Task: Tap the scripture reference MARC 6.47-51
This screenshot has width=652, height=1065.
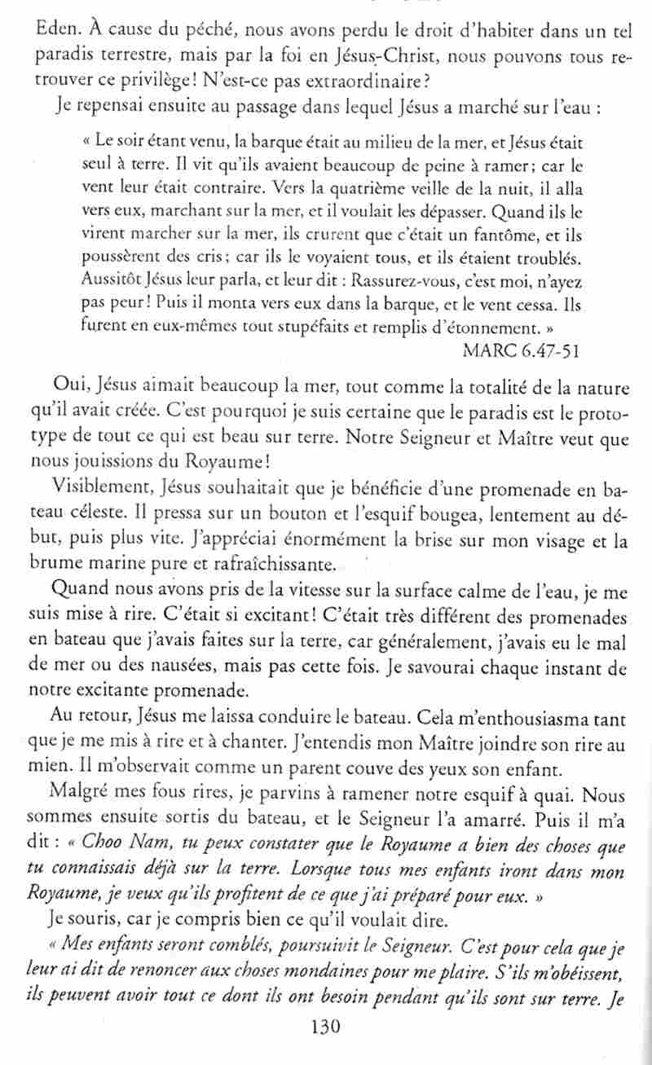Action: [x=524, y=350]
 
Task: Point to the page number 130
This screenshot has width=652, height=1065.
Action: [x=325, y=1045]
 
